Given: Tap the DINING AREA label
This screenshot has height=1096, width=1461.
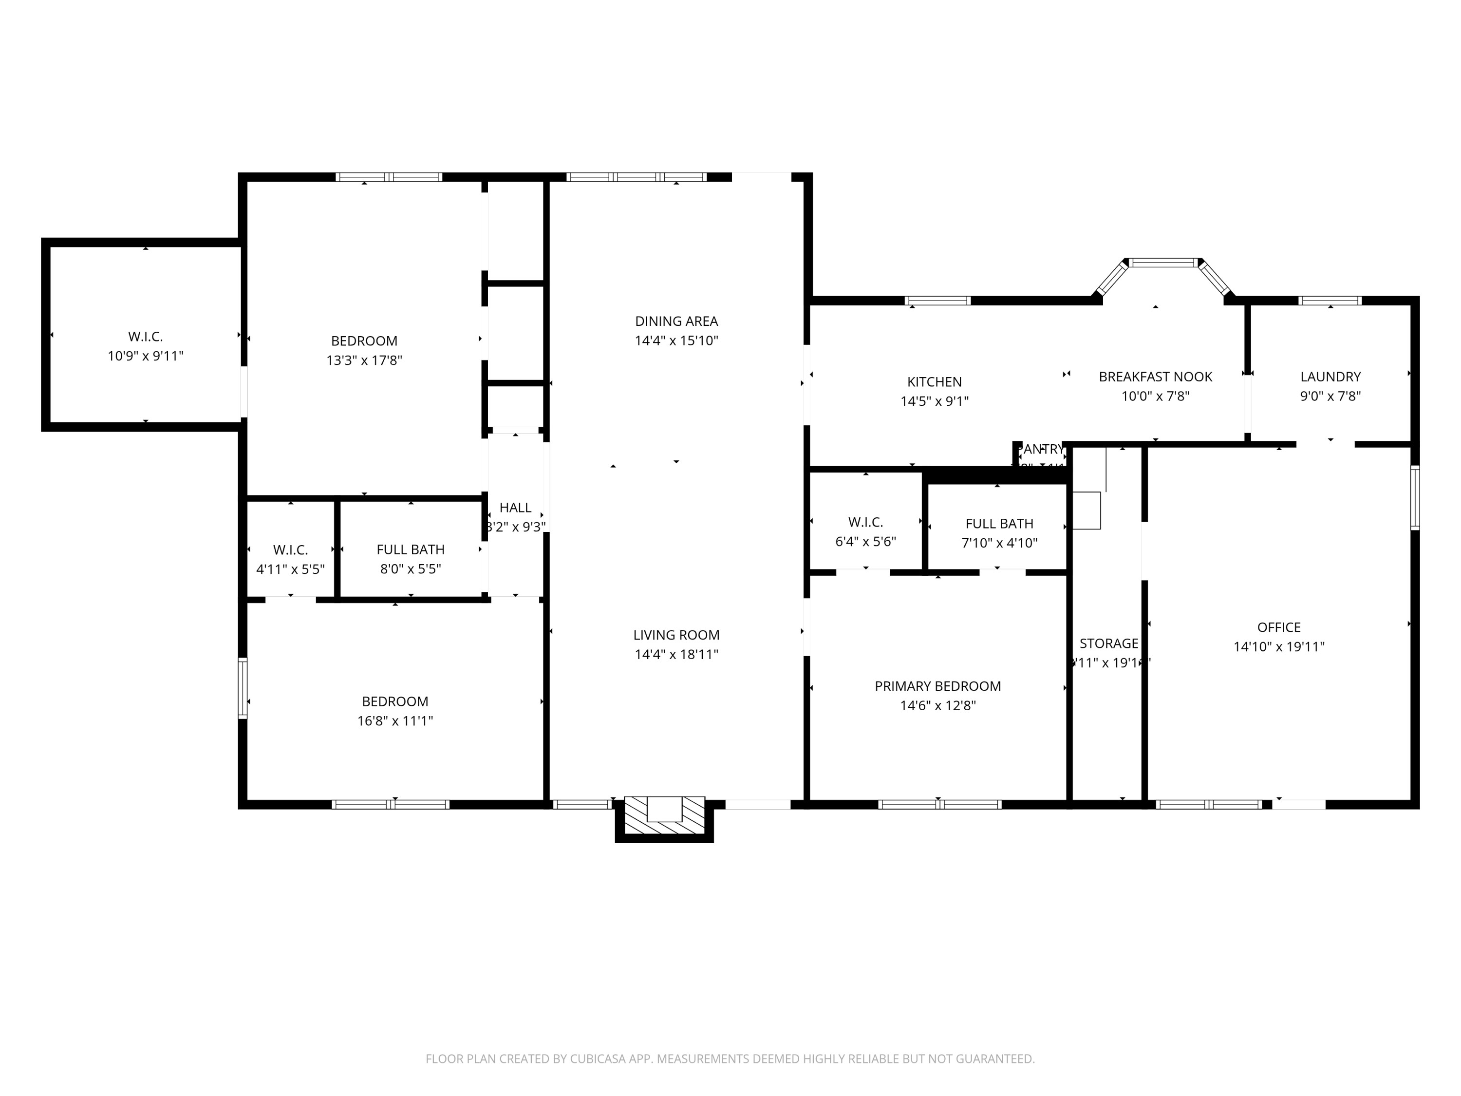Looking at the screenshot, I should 676,321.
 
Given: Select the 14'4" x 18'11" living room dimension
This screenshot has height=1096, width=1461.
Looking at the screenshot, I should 676,655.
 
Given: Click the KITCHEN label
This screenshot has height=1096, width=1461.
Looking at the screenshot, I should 934,382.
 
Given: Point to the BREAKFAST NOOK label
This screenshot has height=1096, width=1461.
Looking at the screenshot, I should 1155,377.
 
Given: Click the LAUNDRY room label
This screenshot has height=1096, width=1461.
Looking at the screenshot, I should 1330,377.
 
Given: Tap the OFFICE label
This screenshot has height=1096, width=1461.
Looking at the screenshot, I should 1279,627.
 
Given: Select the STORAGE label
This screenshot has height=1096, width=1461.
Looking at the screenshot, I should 1109,643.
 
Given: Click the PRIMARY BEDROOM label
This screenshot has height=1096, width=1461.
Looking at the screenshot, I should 937,686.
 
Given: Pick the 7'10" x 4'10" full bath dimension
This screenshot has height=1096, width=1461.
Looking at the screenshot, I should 999,543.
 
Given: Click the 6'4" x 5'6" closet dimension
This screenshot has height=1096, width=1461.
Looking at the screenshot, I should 865,542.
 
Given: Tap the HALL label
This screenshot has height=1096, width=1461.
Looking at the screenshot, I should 515,508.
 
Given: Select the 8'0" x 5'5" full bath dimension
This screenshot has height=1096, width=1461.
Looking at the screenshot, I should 410,569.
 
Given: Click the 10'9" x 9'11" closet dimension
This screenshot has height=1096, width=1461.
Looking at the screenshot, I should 145,356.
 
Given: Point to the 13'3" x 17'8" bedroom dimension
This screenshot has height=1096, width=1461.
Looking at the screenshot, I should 364,360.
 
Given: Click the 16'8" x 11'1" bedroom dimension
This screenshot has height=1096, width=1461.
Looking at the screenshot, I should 395,721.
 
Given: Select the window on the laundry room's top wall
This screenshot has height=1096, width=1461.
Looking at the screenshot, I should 1330,301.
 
